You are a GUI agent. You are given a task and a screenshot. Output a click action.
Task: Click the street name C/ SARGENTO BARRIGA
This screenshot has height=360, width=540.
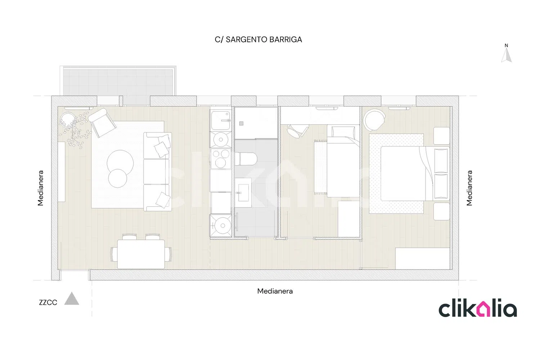click(x=258, y=40)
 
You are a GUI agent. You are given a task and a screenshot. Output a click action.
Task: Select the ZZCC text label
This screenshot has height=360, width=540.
click(x=48, y=303)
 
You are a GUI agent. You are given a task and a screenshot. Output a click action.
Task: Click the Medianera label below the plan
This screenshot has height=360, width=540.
click(x=275, y=291)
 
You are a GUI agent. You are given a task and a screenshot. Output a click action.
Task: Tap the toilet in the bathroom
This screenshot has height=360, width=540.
click(x=246, y=159)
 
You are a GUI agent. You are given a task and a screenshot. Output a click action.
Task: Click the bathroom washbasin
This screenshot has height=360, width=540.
click(x=243, y=193)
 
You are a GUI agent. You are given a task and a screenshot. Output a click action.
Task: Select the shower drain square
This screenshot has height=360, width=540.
click(x=241, y=123)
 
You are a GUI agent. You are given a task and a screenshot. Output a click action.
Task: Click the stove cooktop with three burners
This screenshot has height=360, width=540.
click(x=221, y=159)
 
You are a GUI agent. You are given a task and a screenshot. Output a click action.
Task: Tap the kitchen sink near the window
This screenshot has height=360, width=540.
click(x=221, y=120)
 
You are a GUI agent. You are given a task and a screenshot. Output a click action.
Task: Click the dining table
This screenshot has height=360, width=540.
click(x=141, y=254)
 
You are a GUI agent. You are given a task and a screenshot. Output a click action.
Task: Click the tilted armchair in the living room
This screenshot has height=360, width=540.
click(x=102, y=122)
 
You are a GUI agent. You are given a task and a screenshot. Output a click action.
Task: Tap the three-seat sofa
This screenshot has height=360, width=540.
click(x=157, y=172)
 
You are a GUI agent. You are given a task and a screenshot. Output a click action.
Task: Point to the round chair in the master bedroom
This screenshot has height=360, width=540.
click(x=374, y=120)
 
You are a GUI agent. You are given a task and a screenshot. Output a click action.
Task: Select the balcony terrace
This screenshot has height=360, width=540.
click(x=118, y=81)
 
